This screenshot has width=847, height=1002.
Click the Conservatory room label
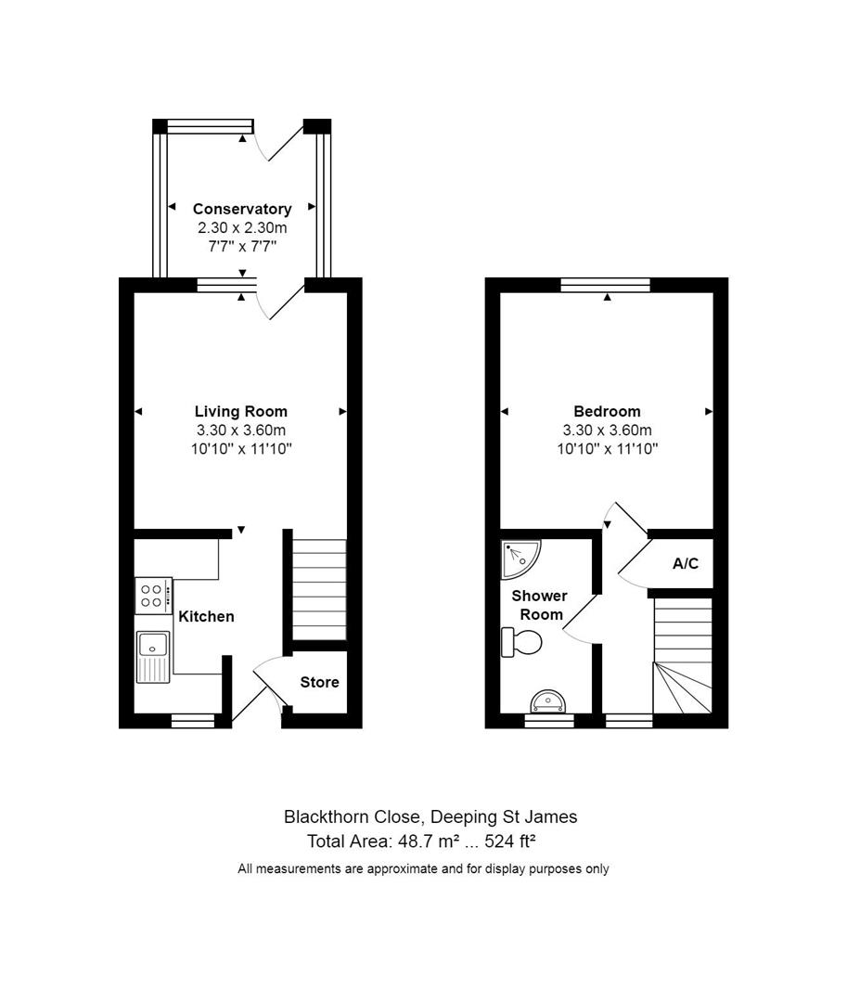(x=241, y=210)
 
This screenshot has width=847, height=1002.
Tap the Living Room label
(x=240, y=411)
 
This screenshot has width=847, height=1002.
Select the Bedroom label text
(x=607, y=411)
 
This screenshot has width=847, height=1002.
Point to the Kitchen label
(x=206, y=616)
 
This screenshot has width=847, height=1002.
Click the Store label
(x=319, y=682)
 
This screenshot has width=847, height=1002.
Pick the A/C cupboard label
(x=686, y=563)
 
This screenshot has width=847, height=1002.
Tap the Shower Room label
(x=539, y=605)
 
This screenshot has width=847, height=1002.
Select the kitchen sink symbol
(x=153, y=655)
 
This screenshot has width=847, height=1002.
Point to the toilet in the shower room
(x=520, y=641)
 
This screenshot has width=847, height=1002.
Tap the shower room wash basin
(x=548, y=700)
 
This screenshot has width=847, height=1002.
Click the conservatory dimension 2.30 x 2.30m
(x=241, y=227)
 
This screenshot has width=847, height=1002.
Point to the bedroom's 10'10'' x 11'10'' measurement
(x=607, y=448)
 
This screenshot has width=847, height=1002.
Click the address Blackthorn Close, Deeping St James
(x=430, y=817)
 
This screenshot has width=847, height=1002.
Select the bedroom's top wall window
(x=606, y=285)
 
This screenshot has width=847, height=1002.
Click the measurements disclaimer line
(x=423, y=869)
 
